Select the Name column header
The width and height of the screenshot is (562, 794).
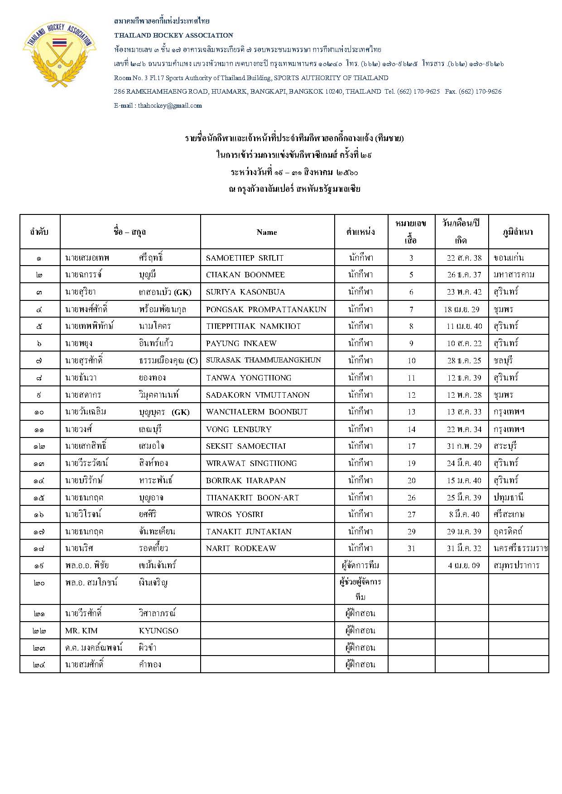click(267, 232)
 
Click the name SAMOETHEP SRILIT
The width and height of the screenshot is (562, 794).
click(245, 258)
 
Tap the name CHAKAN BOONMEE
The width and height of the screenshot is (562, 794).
click(245, 275)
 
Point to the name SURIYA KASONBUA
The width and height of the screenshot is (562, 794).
click(245, 292)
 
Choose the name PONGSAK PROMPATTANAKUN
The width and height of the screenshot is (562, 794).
click(266, 309)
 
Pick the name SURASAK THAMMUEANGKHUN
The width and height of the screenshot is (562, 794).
click(263, 360)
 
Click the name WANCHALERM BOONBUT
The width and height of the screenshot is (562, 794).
click(256, 412)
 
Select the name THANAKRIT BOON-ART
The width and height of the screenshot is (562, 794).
click(252, 498)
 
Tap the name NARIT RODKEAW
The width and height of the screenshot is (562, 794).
click(240, 548)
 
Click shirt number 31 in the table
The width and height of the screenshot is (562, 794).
click(411, 548)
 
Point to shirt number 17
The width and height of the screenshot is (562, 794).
click(411, 446)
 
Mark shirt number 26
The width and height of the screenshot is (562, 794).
click(411, 498)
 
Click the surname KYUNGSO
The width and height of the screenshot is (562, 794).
click(159, 631)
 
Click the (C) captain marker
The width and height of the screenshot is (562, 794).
click(192, 361)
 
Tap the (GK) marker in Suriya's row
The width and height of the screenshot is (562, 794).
click(183, 292)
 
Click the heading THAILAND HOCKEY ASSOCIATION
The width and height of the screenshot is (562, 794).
click(173, 35)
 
